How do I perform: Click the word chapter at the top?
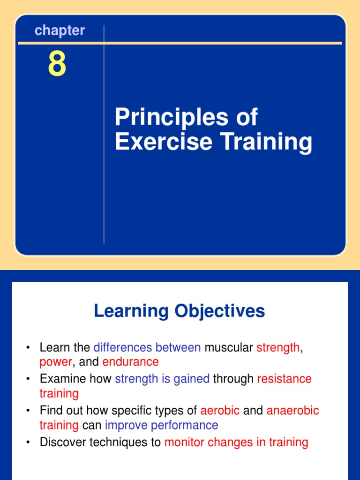60,30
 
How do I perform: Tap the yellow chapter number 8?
57,64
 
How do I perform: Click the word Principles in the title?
172,118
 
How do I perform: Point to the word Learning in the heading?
131,311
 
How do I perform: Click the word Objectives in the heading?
219,311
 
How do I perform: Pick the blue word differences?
122,347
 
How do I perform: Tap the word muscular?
229,347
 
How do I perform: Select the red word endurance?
130,362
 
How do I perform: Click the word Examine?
63,379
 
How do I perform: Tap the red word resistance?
284,379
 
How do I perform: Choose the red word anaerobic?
292,411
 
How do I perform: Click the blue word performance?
184,426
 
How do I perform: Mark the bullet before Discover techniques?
28,442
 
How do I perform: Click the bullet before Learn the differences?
28,348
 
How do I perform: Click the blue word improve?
126,426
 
